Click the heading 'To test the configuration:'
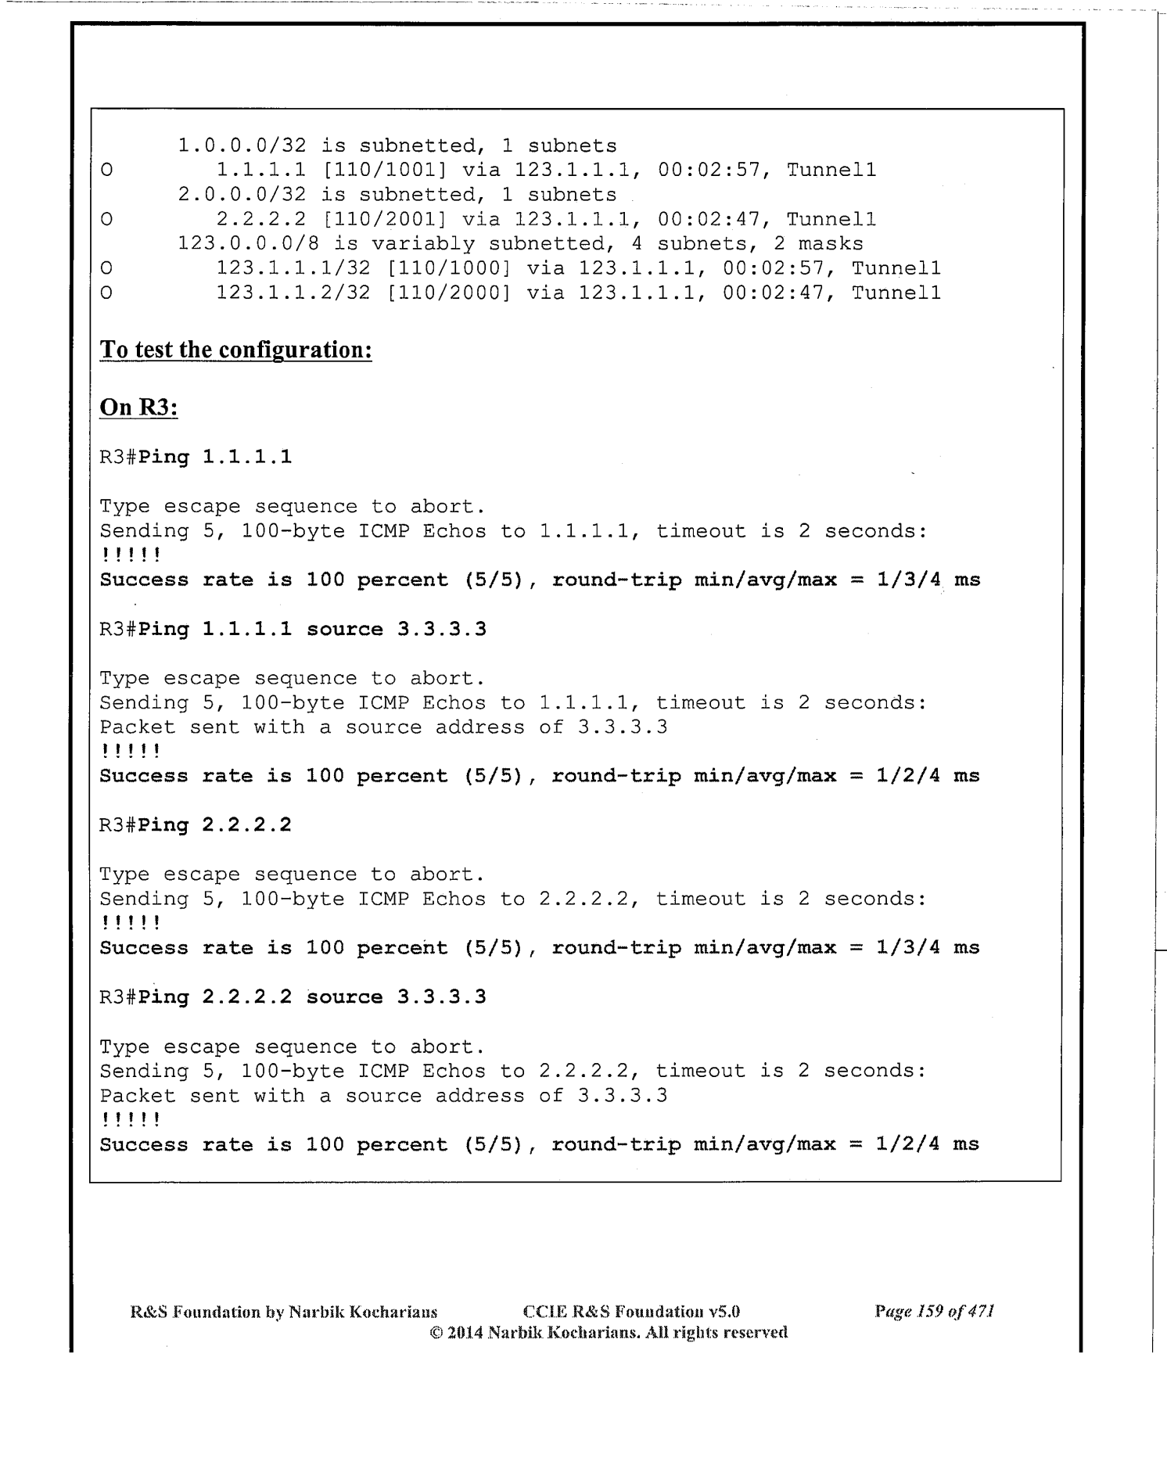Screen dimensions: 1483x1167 pyautogui.click(x=235, y=350)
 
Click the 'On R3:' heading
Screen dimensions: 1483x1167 pyautogui.click(x=138, y=408)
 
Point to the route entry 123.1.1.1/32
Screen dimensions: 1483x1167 pyautogui.click(x=293, y=269)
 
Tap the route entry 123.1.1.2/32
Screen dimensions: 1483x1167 pyautogui.click(x=293, y=293)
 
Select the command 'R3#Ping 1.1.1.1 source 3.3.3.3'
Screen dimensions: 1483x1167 pyautogui.click(x=293, y=630)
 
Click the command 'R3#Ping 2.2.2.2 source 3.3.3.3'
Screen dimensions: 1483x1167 pyautogui.click(x=293, y=997)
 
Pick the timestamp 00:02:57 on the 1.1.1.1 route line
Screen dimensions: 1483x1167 pyautogui.click(x=709, y=171)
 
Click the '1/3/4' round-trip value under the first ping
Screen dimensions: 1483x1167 pyautogui.click(x=908, y=580)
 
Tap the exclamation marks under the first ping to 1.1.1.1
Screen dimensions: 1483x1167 pyautogui.click(x=131, y=556)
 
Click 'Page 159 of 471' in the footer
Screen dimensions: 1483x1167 pyautogui.click(x=934, y=1311)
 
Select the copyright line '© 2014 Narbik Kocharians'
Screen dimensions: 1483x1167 pyautogui.click(x=609, y=1332)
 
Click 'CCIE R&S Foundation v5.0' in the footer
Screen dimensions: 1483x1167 pyautogui.click(x=630, y=1311)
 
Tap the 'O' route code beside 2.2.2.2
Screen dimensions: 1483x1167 pyautogui.click(x=106, y=220)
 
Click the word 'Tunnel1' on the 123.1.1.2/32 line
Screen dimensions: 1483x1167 pyautogui.click(x=896, y=293)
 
